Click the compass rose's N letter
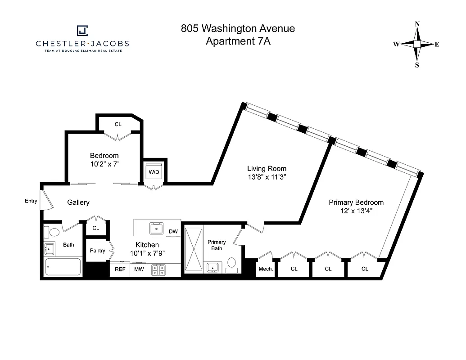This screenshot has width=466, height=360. click(x=417, y=24)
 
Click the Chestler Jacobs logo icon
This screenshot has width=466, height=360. click(x=82, y=30)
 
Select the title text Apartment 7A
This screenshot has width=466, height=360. click(x=238, y=41)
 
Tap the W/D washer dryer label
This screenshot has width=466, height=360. click(x=154, y=172)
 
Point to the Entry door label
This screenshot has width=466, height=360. click(x=31, y=201)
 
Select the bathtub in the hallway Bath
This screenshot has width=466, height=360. click(x=63, y=267)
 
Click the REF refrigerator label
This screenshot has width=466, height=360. click(x=120, y=270)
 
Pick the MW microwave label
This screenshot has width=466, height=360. click(x=139, y=270)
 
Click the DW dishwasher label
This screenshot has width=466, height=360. click(x=173, y=232)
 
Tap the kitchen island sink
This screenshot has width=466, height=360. click(x=156, y=229)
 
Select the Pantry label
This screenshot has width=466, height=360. click(x=97, y=251)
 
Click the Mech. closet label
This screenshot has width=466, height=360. click(x=266, y=269)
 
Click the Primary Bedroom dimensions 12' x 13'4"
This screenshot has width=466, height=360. click(x=356, y=211)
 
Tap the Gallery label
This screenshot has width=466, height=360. click(x=78, y=202)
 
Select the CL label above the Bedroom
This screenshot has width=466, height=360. click(x=118, y=124)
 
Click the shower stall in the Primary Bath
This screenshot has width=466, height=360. click(x=194, y=249)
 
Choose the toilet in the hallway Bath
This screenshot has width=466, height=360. click(x=54, y=233)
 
